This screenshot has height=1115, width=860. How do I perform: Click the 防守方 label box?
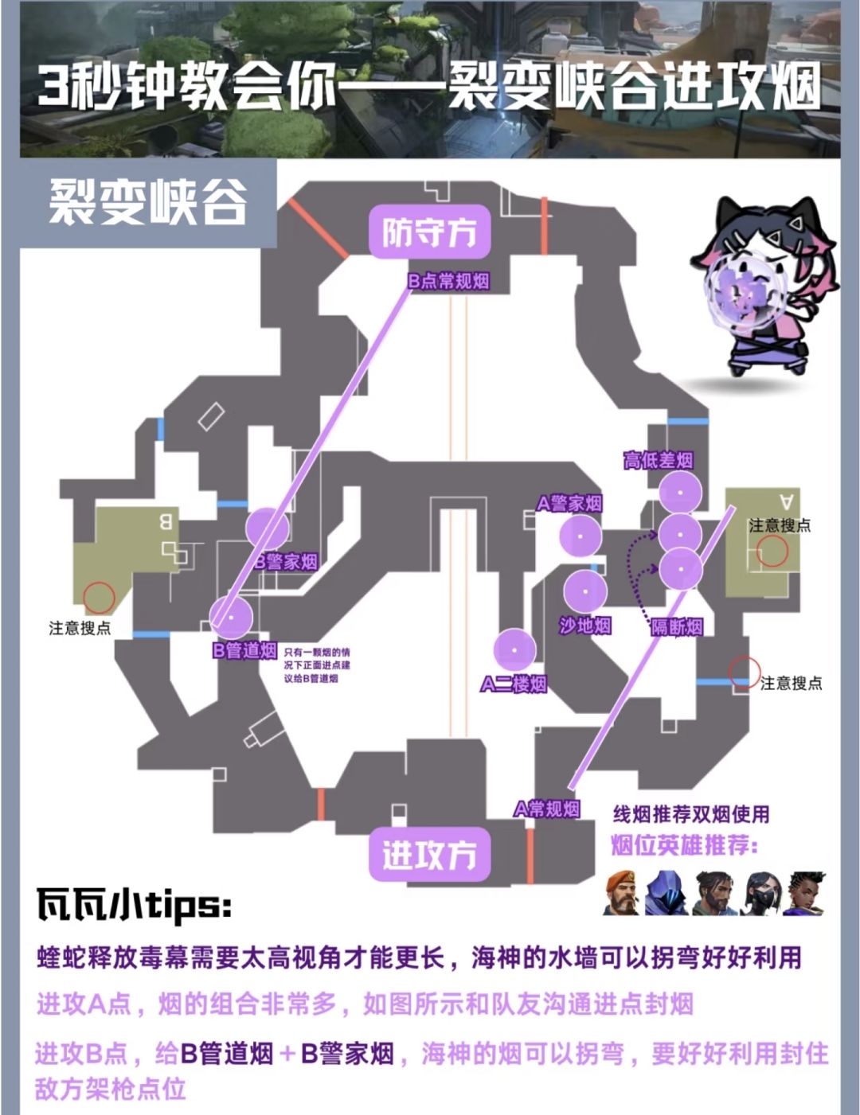[428, 233]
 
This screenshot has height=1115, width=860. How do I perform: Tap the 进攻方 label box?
[428, 856]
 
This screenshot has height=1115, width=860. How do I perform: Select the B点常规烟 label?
[448, 281]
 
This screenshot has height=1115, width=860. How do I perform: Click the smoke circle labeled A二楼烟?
[514, 650]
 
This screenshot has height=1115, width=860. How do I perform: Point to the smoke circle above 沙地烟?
[585, 592]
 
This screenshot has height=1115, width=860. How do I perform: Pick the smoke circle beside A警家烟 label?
[580, 536]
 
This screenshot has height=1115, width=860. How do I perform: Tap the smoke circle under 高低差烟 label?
[680, 493]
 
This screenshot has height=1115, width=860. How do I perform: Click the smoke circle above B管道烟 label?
[232, 617]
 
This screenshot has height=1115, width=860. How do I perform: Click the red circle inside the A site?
[772, 551]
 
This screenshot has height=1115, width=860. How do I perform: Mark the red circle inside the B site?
[100, 597]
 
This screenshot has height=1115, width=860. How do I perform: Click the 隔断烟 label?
[677, 627]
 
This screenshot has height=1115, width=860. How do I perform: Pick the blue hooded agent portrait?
[666, 892]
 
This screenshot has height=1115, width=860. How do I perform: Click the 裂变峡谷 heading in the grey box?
[148, 203]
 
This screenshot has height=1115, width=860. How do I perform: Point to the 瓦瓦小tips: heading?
[134, 906]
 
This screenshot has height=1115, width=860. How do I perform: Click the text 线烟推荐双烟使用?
[691, 814]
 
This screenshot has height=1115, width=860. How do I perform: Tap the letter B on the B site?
[166, 522]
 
